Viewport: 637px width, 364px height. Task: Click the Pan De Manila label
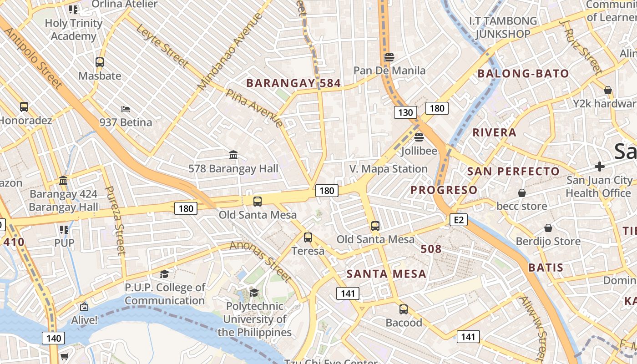(389, 71)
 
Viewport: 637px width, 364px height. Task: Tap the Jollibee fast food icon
(419, 137)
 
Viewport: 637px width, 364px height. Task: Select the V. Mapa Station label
(388, 169)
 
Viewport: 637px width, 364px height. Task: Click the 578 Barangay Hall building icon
(233, 155)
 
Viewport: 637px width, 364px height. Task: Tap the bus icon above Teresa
(308, 237)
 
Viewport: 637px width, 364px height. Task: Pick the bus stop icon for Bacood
(403, 309)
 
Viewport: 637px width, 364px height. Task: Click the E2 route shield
(458, 220)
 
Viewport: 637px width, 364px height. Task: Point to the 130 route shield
(405, 112)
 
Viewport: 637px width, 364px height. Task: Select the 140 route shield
(54, 338)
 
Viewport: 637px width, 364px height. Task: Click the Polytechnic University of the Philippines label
(254, 319)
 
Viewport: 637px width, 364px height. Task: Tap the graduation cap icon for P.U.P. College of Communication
(164, 274)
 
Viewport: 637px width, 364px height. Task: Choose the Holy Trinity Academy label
(73, 30)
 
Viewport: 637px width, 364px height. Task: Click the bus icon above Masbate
(100, 62)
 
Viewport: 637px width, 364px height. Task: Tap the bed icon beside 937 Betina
(126, 109)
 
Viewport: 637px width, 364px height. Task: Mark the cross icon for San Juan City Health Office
(600, 167)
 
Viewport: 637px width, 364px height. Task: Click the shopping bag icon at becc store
(521, 193)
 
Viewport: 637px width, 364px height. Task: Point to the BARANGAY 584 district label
(293, 83)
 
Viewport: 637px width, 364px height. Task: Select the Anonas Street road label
(261, 261)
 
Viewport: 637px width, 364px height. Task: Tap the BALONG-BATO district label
(523, 74)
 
